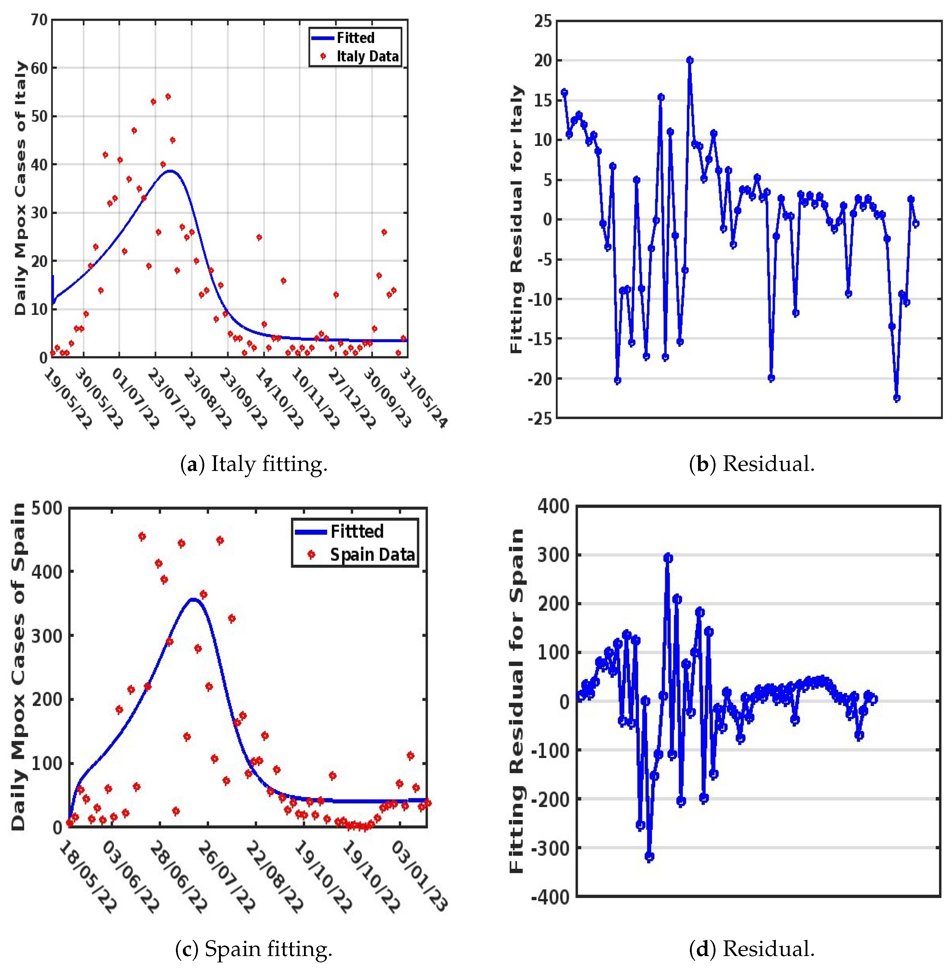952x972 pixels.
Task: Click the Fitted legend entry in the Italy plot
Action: pos(355,38)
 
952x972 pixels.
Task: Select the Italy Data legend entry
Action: pos(367,57)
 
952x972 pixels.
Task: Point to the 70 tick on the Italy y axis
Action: pos(39,20)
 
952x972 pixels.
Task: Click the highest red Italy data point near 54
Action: pos(168,96)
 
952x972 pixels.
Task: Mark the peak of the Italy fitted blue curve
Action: pos(171,171)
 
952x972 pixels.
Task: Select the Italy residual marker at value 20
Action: pos(690,60)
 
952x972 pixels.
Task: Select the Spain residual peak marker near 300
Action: pos(668,558)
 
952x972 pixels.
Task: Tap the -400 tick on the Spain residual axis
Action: pos(550,897)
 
